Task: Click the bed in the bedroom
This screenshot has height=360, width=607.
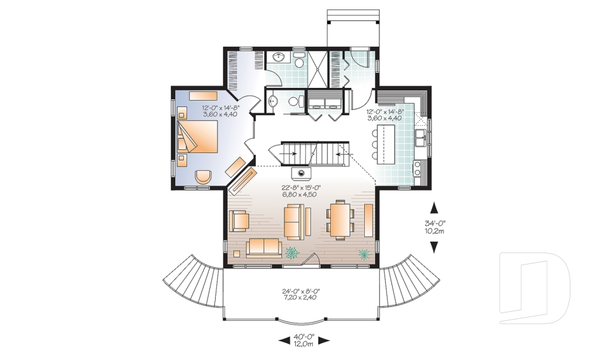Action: [x=197, y=137]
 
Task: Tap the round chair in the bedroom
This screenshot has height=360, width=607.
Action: [x=203, y=177]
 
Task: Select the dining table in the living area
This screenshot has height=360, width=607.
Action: [x=340, y=220]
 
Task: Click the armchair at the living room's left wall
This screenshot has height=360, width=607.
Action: [x=239, y=221]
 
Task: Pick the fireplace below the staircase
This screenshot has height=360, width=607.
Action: [x=302, y=174]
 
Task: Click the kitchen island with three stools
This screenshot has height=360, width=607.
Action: [x=386, y=144]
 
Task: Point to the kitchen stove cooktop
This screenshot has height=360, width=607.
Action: [x=417, y=168]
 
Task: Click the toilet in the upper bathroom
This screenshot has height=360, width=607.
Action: [x=298, y=61]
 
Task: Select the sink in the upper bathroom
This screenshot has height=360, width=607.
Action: [x=278, y=57]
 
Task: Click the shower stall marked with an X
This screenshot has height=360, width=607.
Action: [x=318, y=70]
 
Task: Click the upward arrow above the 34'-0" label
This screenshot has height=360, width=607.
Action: [x=434, y=208]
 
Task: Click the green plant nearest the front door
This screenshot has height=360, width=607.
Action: [x=292, y=252]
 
